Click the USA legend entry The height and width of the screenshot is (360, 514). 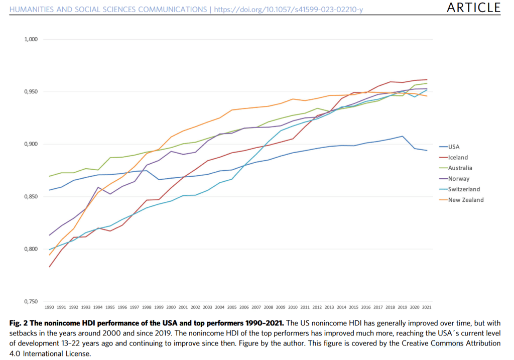[453, 147]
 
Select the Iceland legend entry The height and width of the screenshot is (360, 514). [457, 158]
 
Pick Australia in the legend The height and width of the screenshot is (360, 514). [460, 168]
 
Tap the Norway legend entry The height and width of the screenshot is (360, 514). [458, 179]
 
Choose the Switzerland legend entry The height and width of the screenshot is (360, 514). [464, 189]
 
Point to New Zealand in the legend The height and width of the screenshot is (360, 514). [465, 200]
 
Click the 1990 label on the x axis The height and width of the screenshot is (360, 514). [49, 307]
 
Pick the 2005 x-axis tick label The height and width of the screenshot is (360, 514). [231, 307]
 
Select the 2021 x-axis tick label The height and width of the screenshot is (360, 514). [427, 307]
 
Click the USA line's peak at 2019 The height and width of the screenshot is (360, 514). [403, 136]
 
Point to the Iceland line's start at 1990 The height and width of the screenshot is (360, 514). [49, 267]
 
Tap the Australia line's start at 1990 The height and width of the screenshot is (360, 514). [49, 176]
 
